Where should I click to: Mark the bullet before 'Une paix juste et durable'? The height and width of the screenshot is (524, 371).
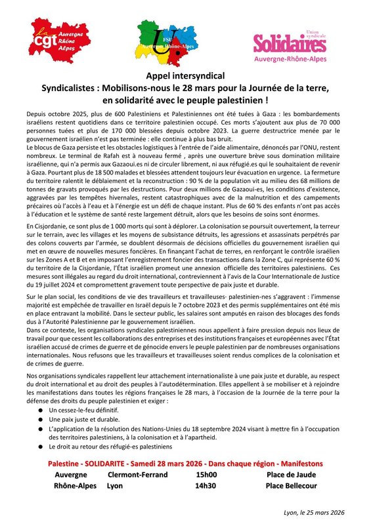pyautogui.click(x=41, y=418)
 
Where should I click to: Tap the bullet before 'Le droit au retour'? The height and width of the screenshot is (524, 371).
pyautogui.click(x=41, y=446)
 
